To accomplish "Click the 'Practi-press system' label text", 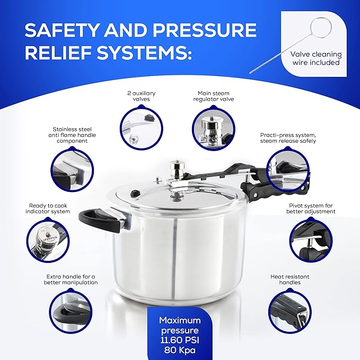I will (x=288, y=138).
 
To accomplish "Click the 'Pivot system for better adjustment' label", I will (x=312, y=208).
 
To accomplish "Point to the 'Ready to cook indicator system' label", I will (x=49, y=208).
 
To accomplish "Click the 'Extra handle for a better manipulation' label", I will (x=71, y=279).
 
